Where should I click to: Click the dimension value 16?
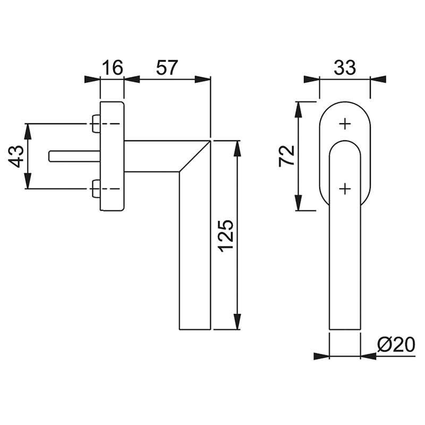click(112, 67)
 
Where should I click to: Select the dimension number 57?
click(167, 67)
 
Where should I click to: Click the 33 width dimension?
click(344, 67)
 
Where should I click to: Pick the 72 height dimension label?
click(287, 155)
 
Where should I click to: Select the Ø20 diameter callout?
click(396, 345)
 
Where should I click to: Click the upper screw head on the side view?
click(96, 124)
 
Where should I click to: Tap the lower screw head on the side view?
click(96, 189)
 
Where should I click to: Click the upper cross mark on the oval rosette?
click(345, 124)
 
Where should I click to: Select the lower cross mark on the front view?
click(345, 188)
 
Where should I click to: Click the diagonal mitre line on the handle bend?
click(195, 156)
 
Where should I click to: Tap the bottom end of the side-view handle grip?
click(195, 328)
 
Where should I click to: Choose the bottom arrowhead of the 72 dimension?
click(300, 203)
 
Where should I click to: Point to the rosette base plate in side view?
click(112, 156)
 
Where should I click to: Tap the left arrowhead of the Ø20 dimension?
click(321, 356)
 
